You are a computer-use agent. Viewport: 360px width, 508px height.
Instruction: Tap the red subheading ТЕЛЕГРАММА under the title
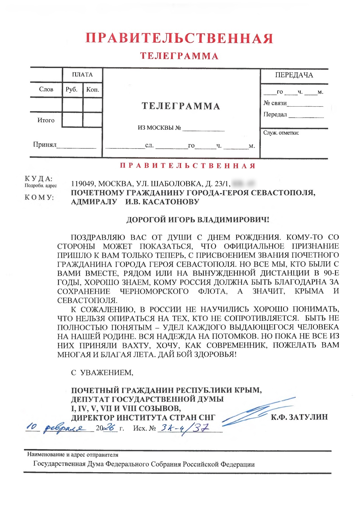pos(179,56)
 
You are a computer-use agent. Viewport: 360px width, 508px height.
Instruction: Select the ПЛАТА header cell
pos(82,75)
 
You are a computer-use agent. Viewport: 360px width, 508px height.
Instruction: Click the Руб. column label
pos(72,89)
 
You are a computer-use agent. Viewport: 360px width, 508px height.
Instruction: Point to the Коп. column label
pos(93,89)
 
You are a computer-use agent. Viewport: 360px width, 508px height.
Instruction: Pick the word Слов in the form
pos(46,89)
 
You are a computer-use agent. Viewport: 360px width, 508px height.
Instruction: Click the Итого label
pos(46,120)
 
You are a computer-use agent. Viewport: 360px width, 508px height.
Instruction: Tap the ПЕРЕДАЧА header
pos(294,75)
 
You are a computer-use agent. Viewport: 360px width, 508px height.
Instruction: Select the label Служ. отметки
pos(281,133)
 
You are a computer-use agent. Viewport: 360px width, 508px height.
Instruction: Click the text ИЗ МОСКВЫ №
pos(159,128)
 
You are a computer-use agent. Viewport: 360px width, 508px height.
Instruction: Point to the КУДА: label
pos(38,178)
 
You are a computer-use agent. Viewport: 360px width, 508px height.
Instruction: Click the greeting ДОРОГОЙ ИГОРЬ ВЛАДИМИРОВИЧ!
pos(198,220)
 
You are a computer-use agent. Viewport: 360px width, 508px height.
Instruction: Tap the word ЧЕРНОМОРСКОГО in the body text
pos(154,291)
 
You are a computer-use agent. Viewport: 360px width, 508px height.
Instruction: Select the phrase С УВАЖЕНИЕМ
pos(102,373)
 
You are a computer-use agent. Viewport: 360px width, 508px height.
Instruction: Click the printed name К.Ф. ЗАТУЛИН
pos(299,417)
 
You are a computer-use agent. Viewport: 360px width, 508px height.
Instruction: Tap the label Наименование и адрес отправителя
pos(73,455)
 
